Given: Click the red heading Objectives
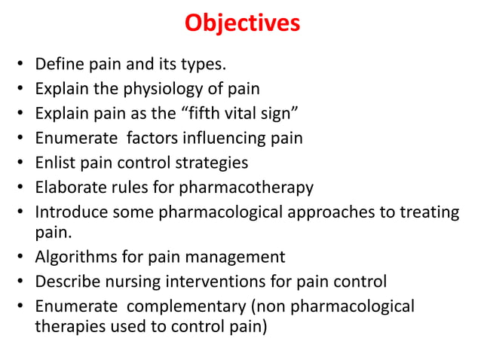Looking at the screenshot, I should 242,24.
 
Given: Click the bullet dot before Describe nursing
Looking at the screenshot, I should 20,283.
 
